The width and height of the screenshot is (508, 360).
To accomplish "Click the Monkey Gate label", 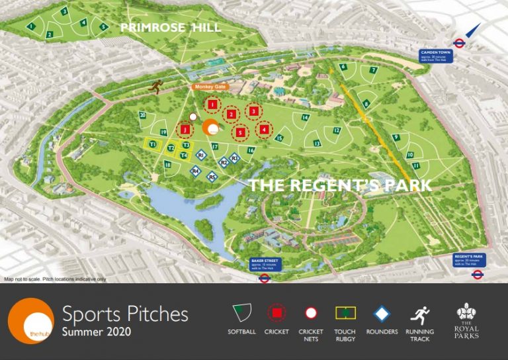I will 210,86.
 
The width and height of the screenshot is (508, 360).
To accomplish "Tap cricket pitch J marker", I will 185,130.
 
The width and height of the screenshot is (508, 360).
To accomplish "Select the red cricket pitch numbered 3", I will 254,111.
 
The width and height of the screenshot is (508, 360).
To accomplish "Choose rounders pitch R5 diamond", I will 212,176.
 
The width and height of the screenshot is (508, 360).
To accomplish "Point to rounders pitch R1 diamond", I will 200,156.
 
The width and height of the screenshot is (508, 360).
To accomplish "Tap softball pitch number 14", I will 305,118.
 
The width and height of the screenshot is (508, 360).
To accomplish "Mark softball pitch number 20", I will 142,115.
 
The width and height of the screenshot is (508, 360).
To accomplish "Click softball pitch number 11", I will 415,165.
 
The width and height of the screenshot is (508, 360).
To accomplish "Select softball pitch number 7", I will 373,70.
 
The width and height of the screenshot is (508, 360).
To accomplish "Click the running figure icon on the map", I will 157,87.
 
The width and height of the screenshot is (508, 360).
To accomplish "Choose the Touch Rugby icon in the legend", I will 345,312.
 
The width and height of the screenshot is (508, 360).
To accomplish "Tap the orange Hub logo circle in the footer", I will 30,321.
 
